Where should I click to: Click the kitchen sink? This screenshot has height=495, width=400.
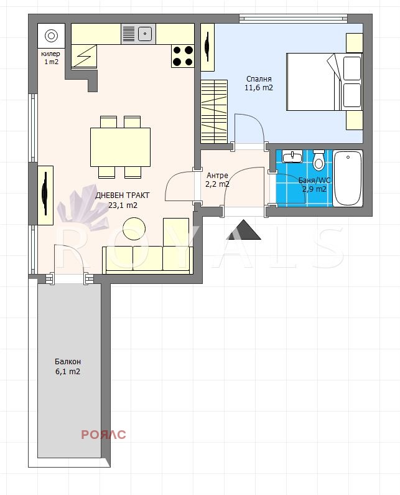pyautogui.click(x=138, y=34)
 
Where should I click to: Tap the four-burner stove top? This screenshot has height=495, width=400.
pyautogui.click(x=183, y=56)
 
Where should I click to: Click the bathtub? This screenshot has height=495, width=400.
pyautogui.click(x=348, y=178)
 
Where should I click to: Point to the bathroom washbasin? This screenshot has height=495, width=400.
pyautogui.click(x=292, y=156)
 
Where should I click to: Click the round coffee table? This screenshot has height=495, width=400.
pyautogui.click(x=134, y=229)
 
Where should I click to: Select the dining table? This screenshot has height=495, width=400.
pyautogui.click(x=120, y=147)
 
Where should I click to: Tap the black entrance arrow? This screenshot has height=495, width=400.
pyautogui.click(x=244, y=230)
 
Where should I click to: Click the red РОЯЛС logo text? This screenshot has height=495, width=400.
pyautogui.click(x=103, y=435)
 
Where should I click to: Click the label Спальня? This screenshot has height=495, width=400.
pyautogui.click(x=259, y=79)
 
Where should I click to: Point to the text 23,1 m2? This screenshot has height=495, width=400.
pyautogui.click(x=123, y=205)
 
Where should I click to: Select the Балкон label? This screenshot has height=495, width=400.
pyautogui.click(x=68, y=362)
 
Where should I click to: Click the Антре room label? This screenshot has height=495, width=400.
pyautogui.click(x=217, y=176)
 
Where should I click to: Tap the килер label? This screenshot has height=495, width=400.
pyautogui.click(x=50, y=54)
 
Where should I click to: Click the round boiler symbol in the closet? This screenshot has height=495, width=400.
pyautogui.click(x=52, y=35)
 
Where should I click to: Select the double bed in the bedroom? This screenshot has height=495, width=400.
pyautogui.click(x=324, y=82)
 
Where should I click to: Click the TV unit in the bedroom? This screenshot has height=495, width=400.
pyautogui.click(x=208, y=47)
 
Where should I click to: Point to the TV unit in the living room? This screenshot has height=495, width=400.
pyautogui.click(x=45, y=196)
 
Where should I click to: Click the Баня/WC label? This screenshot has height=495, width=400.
pyautogui.click(x=315, y=181)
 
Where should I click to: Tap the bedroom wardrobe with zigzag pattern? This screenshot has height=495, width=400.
pyautogui.click(x=214, y=111)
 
